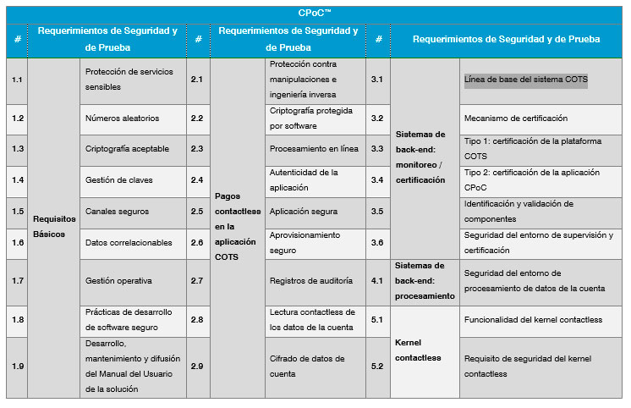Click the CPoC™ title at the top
315,13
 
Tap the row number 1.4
18,180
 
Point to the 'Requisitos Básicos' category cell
54,226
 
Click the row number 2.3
197,149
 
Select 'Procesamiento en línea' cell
314,149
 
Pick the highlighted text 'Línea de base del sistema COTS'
525,80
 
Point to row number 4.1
377,280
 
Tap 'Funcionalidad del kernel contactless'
533,320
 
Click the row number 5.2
377,366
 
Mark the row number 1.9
18,366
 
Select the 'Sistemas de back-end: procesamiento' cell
425,280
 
